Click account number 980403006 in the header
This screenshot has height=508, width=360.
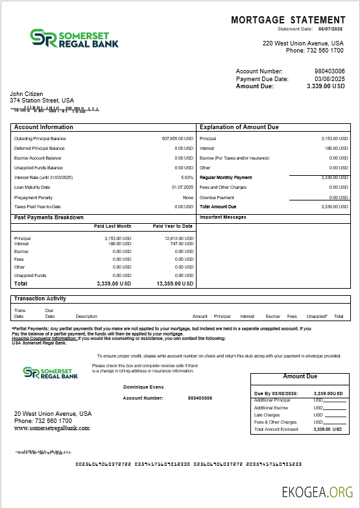tap(330, 71)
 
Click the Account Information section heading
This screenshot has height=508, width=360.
tap(43, 127)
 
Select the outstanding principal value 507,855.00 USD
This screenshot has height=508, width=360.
tap(177, 138)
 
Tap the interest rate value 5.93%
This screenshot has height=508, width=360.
tap(187, 177)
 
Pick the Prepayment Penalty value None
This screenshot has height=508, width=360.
tap(188, 197)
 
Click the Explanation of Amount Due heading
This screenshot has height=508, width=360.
tap(239, 127)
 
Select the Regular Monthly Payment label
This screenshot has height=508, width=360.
tap(226, 177)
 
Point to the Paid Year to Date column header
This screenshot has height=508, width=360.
tap(173, 226)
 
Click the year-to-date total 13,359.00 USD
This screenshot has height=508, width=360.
tap(175, 284)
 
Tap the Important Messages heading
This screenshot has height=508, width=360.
tap(222, 217)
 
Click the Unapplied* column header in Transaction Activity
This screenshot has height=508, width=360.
tap(317, 316)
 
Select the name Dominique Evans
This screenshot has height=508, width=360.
tap(143, 387)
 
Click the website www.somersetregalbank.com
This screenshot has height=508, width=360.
tap(52, 428)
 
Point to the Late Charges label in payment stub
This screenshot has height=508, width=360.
tap(267, 415)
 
